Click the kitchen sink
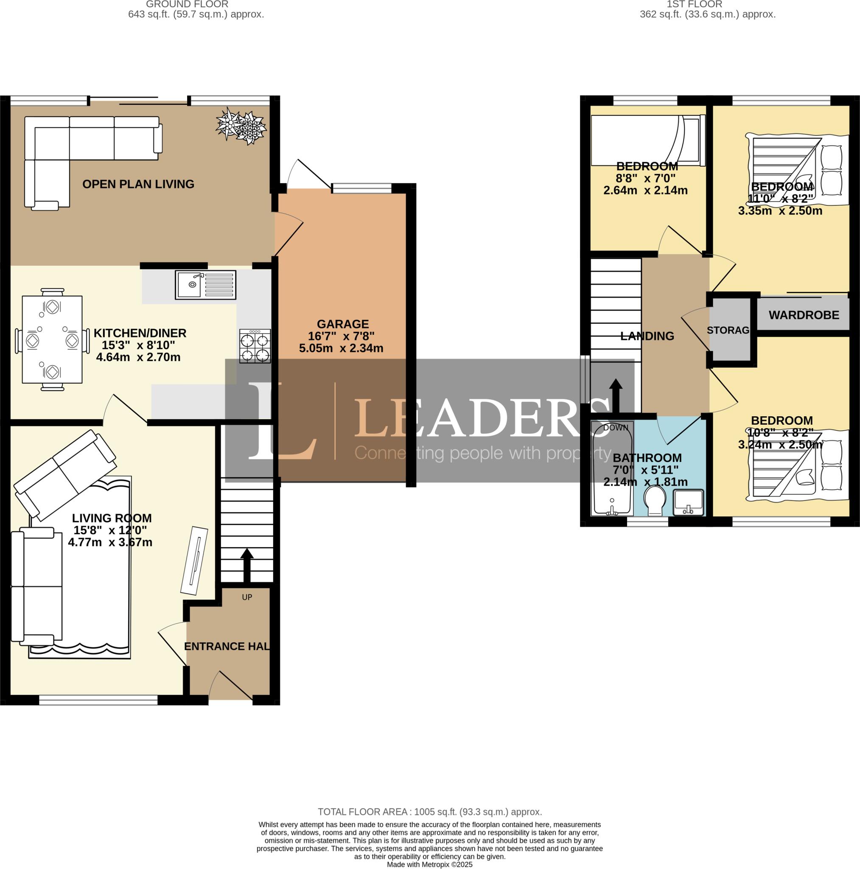(205, 285)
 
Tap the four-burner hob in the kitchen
(255, 346)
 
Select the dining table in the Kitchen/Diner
(52, 339)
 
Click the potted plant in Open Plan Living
(241, 126)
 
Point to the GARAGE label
(343, 324)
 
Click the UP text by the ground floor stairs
(247, 597)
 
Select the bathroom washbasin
(688, 503)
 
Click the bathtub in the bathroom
(612, 469)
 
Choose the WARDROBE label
(804, 315)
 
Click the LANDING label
(647, 336)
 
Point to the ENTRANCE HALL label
(227, 646)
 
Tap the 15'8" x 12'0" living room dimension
(110, 530)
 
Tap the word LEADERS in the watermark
(481, 419)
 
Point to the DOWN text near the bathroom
(615, 428)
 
